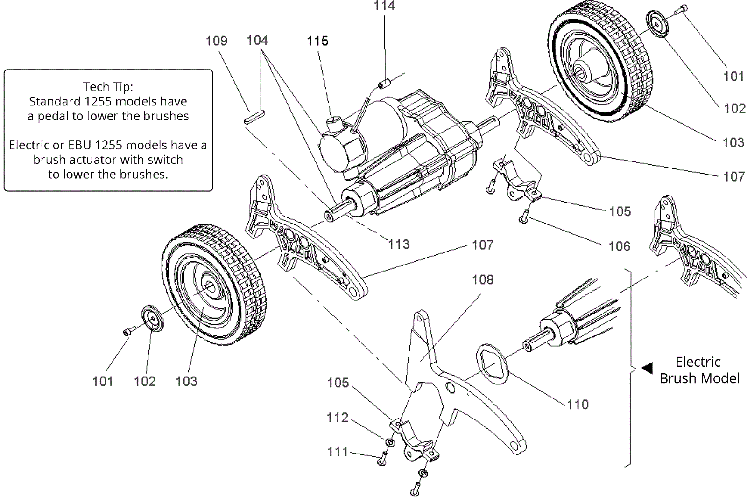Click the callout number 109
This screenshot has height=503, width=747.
(x=217, y=41)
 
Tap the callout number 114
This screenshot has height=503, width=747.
(x=384, y=6)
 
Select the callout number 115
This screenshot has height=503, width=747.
(x=317, y=41)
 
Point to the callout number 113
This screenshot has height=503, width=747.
(x=399, y=244)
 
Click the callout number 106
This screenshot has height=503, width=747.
(x=620, y=246)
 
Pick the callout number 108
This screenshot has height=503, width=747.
(x=483, y=279)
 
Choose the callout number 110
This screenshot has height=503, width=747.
(x=578, y=404)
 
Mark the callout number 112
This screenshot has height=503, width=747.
(x=338, y=417)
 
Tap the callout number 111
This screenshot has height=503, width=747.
(x=338, y=452)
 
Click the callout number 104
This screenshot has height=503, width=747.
(x=257, y=41)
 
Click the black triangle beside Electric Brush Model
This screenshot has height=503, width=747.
(x=647, y=368)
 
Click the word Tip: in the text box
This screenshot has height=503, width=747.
(x=122, y=87)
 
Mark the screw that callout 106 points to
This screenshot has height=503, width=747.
(x=524, y=217)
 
